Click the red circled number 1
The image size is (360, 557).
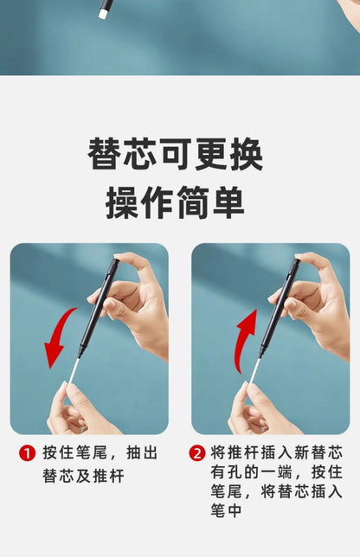pos(28,453)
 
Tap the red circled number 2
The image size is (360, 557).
pos(197,453)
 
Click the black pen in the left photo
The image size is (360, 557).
pos(99,308)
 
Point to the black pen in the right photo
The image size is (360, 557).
pos(280,308)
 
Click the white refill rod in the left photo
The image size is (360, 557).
pos(74,370)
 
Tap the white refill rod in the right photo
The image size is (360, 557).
pos(254,370)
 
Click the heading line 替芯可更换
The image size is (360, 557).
pos(175,155)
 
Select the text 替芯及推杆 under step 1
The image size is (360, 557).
pos(84,476)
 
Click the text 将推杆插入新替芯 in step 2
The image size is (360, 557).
pos(276,453)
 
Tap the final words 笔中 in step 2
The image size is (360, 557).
pos(226,511)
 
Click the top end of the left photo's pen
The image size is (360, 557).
pos(115,261)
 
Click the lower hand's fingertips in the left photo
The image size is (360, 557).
pos(66,387)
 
